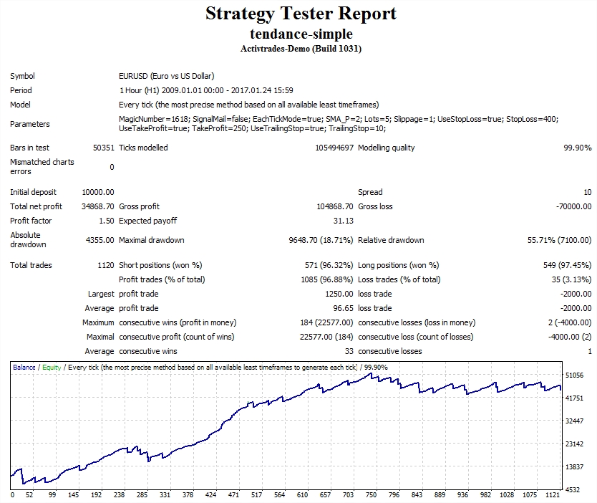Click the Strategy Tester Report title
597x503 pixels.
(x=301, y=14)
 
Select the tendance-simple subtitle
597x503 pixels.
(x=301, y=34)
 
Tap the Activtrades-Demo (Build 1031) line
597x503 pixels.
(x=301, y=49)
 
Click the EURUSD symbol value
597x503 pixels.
(x=166, y=76)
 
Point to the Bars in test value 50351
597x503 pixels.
(x=103, y=148)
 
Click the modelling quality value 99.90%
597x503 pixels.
(x=577, y=148)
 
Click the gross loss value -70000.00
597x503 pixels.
(x=573, y=206)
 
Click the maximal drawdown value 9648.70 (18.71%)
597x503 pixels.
(x=314, y=240)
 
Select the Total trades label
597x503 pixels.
(x=31, y=265)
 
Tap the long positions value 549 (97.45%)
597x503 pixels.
(x=567, y=265)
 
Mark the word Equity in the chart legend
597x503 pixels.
(x=52, y=368)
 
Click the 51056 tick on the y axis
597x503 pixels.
(x=575, y=375)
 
